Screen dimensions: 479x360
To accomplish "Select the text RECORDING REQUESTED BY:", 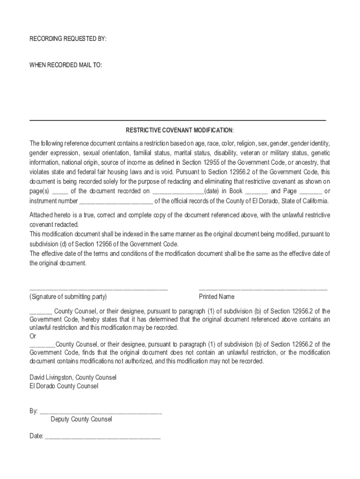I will click(68, 39).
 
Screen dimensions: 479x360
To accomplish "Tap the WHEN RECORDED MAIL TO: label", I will click(65, 65).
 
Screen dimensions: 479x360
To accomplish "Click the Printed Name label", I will click(216, 297).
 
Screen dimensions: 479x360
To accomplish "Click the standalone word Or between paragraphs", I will click(33, 336).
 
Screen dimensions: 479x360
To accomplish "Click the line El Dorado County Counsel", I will click(64, 386).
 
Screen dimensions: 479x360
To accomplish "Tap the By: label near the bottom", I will click(34, 411).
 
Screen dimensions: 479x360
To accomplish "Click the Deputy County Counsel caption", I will click(81, 419).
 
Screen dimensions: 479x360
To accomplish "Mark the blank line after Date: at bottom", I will click(102, 437).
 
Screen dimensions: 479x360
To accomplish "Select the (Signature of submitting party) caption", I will click(68, 297).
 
